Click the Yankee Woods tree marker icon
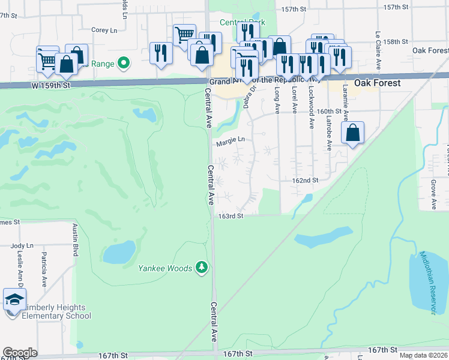coord(202,268)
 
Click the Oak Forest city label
coord(377,83)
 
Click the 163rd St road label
coord(231,216)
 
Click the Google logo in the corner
coord(20,353)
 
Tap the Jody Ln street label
coord(22,246)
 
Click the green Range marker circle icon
coord(124,61)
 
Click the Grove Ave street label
coord(433,193)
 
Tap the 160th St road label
coord(330,112)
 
